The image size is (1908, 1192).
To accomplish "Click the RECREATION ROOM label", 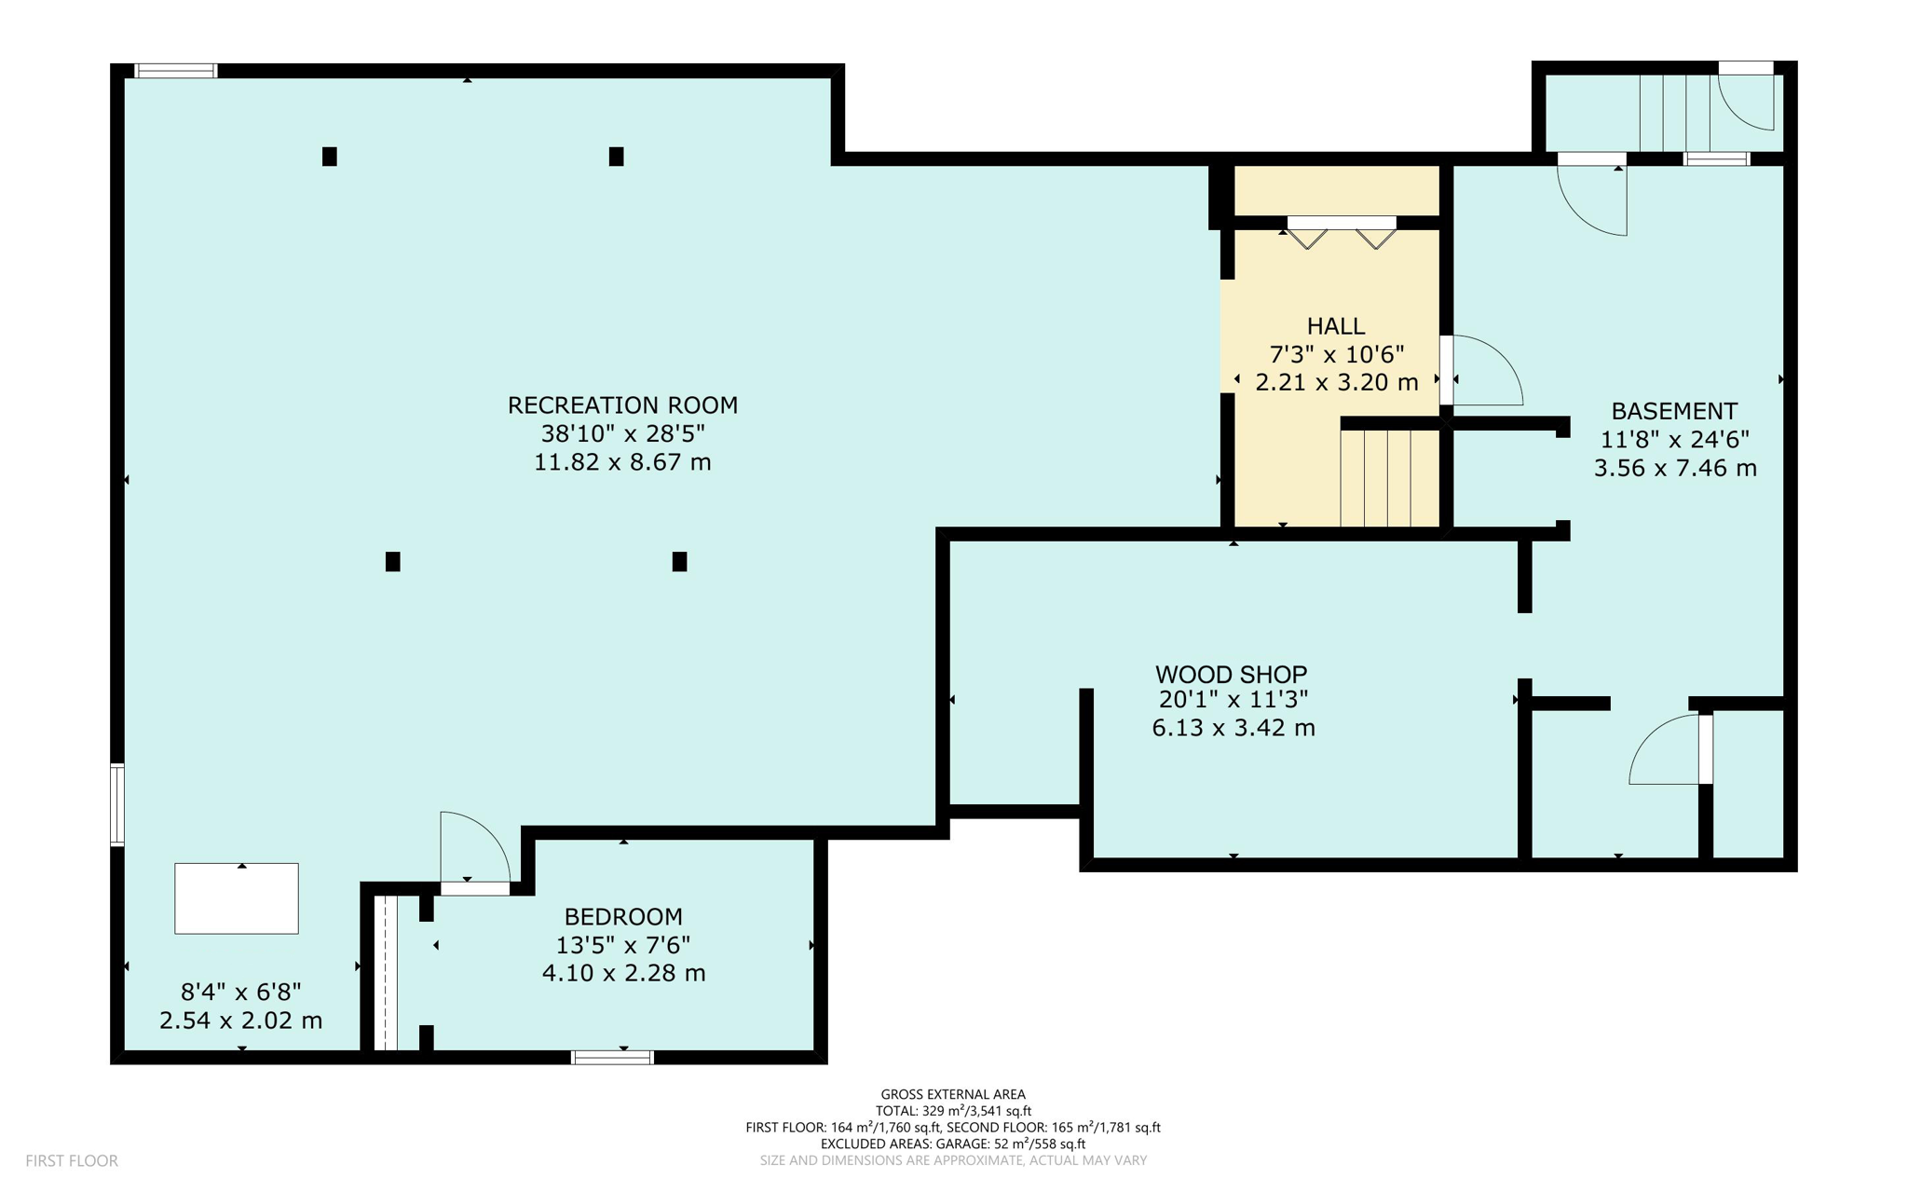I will [x=622, y=405].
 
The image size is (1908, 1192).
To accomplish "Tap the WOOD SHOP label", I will [x=1231, y=673].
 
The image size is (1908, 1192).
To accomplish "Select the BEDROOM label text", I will [x=623, y=916].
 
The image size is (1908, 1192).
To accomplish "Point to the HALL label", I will [x=1335, y=326].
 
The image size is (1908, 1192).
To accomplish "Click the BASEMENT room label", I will [x=1673, y=411].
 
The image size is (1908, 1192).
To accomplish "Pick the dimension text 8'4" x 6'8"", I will [x=240, y=992].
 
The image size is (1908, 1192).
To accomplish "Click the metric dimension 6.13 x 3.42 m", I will [x=1233, y=728].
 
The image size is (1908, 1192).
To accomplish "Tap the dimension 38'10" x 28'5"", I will [x=622, y=433].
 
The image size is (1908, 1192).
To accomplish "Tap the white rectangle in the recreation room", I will [x=237, y=898].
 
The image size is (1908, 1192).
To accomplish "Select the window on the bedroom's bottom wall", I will [x=612, y=1057].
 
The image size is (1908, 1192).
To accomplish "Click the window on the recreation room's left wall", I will [x=117, y=804].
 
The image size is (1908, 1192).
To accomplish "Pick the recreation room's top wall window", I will [x=175, y=71].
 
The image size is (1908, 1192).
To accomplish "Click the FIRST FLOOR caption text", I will [x=72, y=1160].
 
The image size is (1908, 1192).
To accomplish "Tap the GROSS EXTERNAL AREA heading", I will [x=952, y=1094].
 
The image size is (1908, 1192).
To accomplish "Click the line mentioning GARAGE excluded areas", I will [x=952, y=1144].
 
